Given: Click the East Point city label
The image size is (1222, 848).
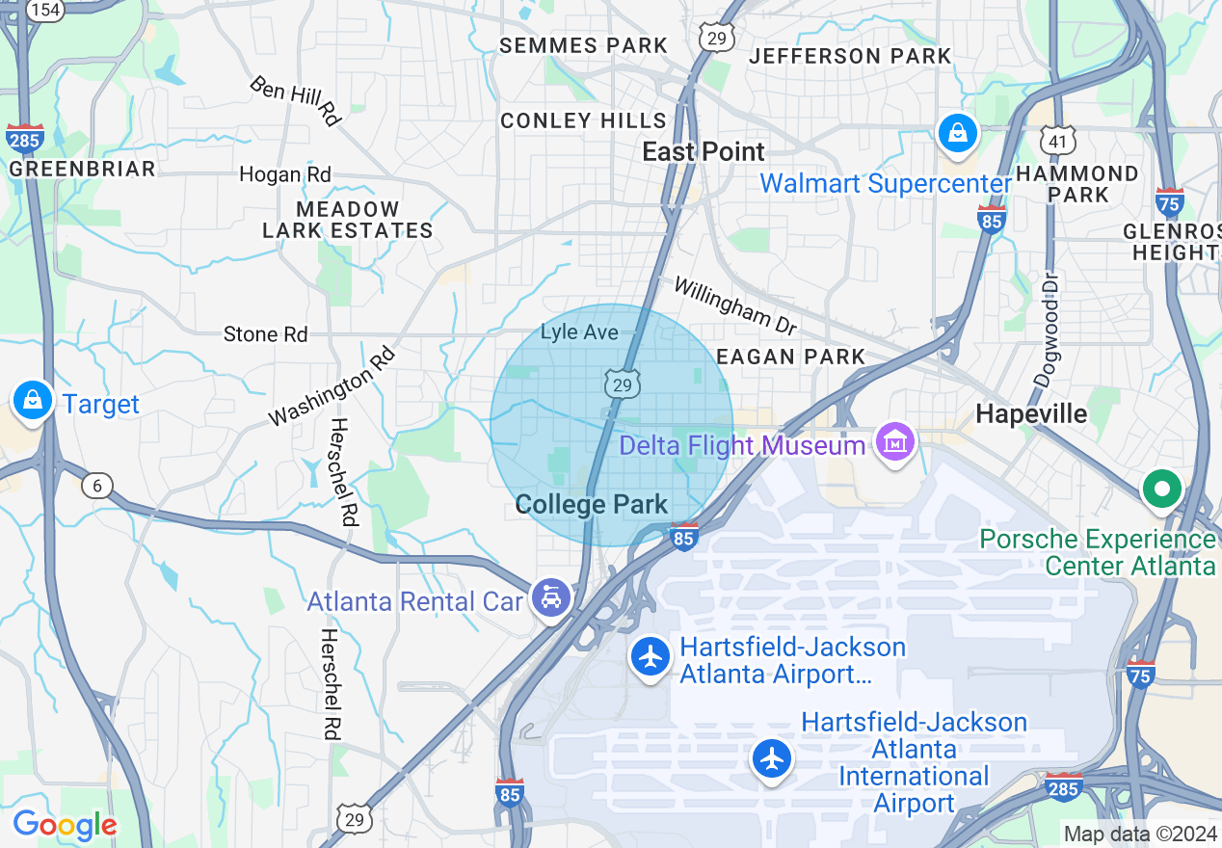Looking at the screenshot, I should tap(704, 151).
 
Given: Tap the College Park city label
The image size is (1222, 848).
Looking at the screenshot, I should tap(592, 504).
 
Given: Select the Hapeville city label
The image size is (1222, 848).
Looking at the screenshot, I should tap(1031, 413).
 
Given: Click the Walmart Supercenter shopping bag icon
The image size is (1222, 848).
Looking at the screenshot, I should tap(958, 133).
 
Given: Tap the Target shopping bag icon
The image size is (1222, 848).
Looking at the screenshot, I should tap(32, 399).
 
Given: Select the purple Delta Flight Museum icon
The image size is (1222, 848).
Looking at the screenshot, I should tap(895, 442).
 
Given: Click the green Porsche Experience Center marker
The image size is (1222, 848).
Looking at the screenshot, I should tap(1161, 489).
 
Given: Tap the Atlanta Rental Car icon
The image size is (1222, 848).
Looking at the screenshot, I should tap(550, 599).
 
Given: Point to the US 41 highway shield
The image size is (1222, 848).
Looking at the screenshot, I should tap(1057, 142).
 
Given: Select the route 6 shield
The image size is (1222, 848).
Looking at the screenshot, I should tap(96, 486).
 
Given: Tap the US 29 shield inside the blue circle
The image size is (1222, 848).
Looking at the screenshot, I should tap(623, 384).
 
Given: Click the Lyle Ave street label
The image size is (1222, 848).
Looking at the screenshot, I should tap(578, 332).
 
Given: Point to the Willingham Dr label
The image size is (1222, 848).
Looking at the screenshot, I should tap(735, 302).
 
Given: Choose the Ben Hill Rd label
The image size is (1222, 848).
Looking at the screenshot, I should tap(296, 100).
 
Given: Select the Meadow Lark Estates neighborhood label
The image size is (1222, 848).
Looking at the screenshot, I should tap(348, 220).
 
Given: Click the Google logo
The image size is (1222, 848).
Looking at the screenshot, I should tap(65, 825).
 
